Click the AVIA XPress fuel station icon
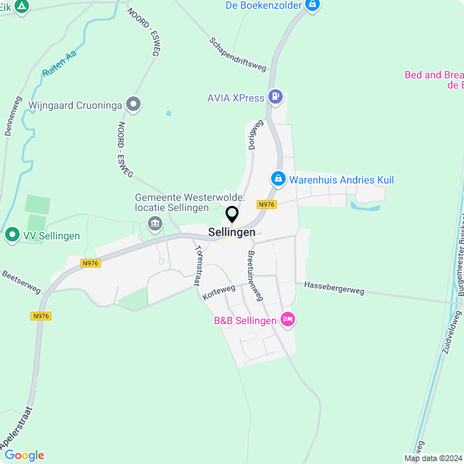275,96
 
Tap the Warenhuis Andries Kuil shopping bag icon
278,178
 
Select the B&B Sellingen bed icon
288,320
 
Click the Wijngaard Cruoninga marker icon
133,104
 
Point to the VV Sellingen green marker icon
12,235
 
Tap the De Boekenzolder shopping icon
312,6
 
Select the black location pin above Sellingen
232,215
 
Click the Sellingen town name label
232,233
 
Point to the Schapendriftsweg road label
238,55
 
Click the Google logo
24,455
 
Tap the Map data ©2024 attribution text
432,458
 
